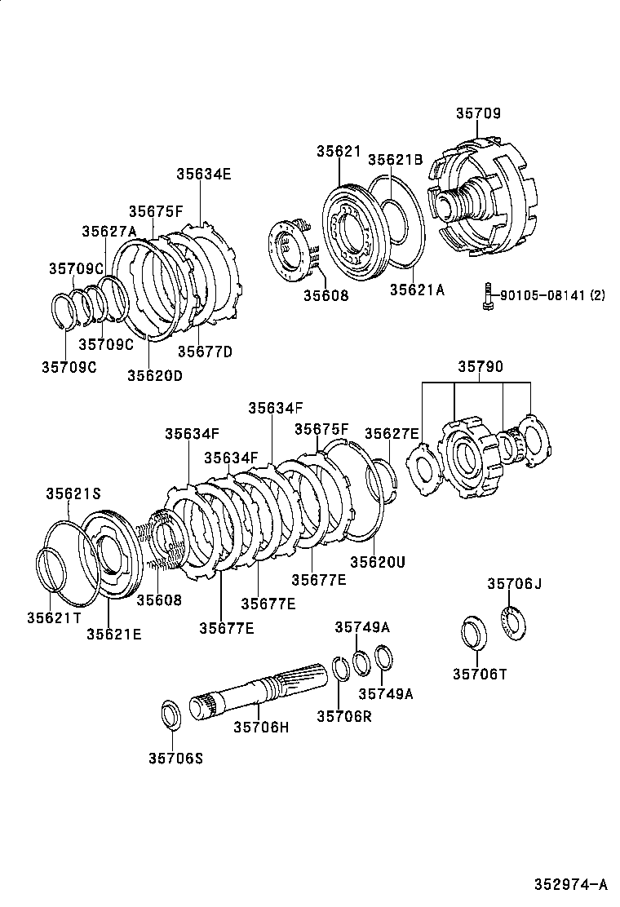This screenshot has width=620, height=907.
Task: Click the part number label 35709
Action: pyautogui.click(x=478, y=113)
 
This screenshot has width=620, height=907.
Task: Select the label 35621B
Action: pyautogui.click(x=395, y=160)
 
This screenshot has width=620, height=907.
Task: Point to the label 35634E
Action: pyautogui.click(x=204, y=173)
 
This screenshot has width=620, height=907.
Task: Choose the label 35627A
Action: pyautogui.click(x=108, y=231)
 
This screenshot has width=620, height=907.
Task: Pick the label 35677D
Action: pyautogui.click(x=205, y=352)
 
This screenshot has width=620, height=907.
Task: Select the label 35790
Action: pyautogui.click(x=478, y=368)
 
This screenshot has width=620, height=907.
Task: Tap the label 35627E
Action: pyautogui.click(x=392, y=433)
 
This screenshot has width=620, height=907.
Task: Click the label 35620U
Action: pyautogui.click(x=378, y=561)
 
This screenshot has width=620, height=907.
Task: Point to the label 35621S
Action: pyautogui.click(x=73, y=493)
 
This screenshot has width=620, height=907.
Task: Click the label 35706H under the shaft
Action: pyautogui.click(x=261, y=727)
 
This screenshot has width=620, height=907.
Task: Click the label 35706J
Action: pyautogui.click(x=514, y=583)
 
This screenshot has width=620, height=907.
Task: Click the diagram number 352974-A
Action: pyautogui.click(x=571, y=884)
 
